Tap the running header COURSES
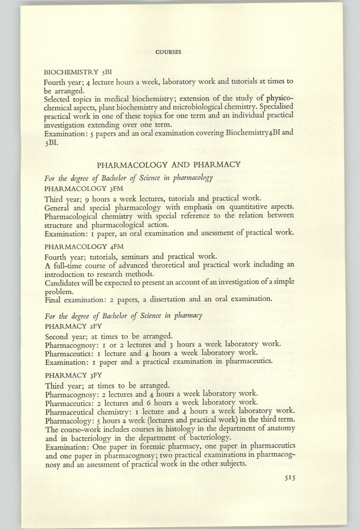(168, 52)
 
